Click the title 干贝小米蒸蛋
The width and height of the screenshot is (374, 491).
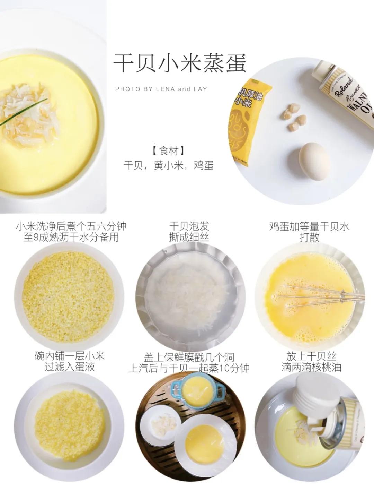click(180, 63)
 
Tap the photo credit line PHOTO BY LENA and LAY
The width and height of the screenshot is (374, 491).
click(161, 89)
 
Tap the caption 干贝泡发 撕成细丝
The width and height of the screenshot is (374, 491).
click(189, 232)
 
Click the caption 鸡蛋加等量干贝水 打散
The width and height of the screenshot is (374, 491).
click(309, 232)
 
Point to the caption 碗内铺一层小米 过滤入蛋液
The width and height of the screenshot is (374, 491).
click(70, 362)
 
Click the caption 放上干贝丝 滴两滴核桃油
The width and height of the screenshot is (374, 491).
click(311, 362)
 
